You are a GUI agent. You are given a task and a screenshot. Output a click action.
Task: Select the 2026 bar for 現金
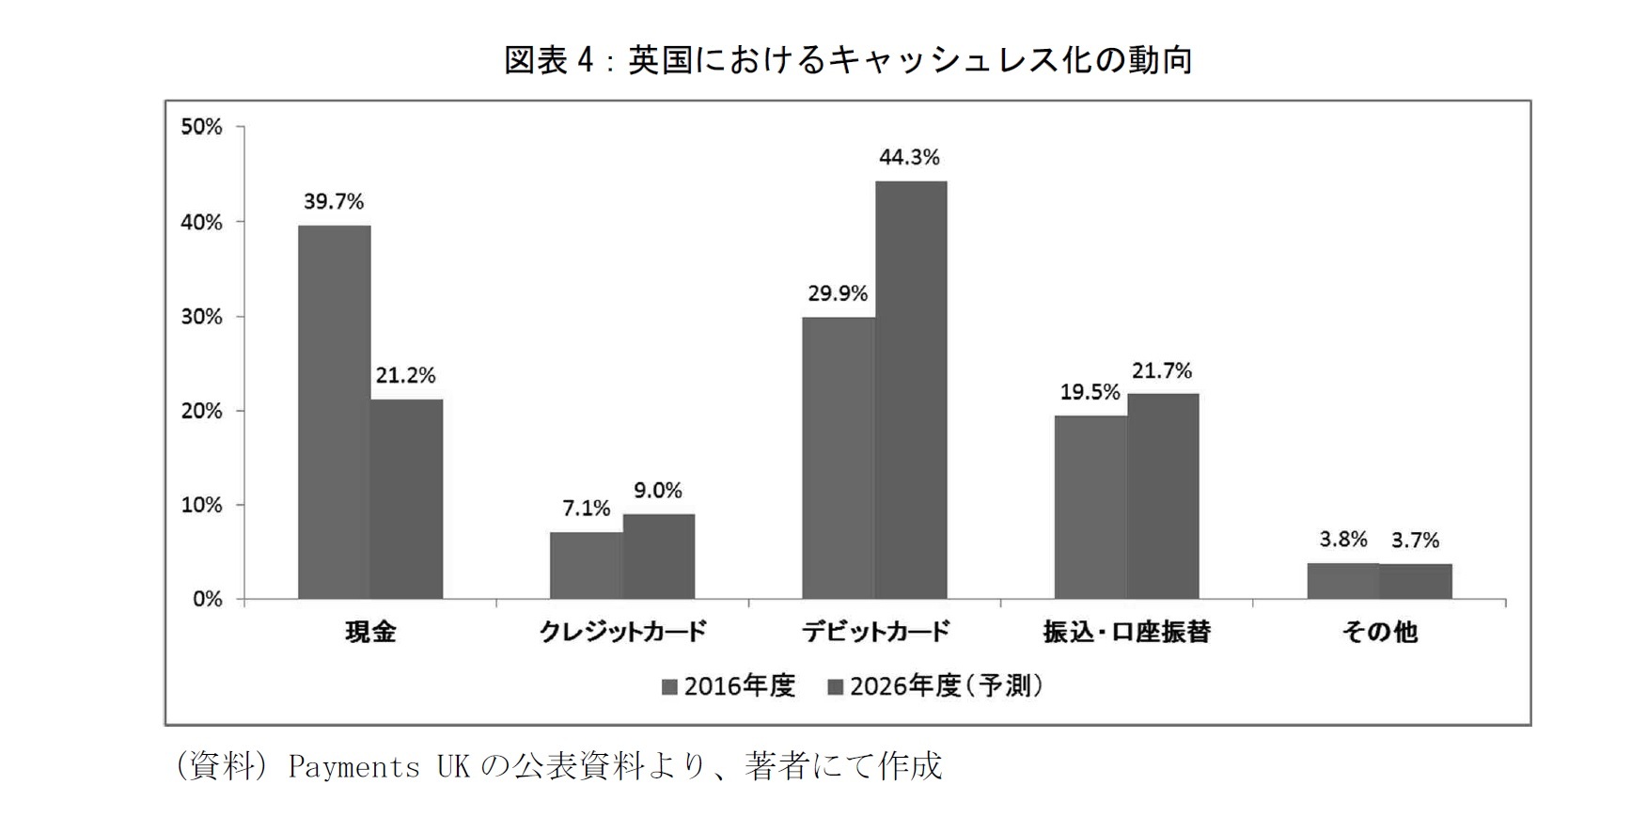[406, 498]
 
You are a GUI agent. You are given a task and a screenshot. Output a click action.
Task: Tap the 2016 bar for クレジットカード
[586, 565]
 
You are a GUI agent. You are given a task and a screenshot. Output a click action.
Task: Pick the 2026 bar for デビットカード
[911, 389]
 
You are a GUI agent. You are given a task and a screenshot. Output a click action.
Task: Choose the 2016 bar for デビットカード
[838, 458]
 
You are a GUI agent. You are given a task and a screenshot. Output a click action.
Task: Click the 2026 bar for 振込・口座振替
[1163, 495]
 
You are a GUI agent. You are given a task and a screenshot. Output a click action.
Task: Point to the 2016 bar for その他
[1342, 581]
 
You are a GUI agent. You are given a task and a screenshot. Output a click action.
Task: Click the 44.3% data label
[909, 158]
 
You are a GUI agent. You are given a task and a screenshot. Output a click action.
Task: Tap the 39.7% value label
[333, 202]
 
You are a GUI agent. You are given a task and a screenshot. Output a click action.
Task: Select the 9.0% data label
[658, 491]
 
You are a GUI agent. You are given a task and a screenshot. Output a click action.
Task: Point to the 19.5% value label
[1090, 392]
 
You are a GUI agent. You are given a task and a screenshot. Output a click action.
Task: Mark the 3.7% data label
[1415, 541]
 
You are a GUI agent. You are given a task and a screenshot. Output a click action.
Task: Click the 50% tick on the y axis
[201, 127]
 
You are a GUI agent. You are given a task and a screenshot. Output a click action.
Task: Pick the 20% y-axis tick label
[201, 411]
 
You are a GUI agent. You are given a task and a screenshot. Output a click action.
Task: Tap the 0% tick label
[207, 600]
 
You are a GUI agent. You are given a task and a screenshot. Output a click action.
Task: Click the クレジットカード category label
[622, 632]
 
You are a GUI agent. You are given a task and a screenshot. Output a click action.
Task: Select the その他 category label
[1379, 632]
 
